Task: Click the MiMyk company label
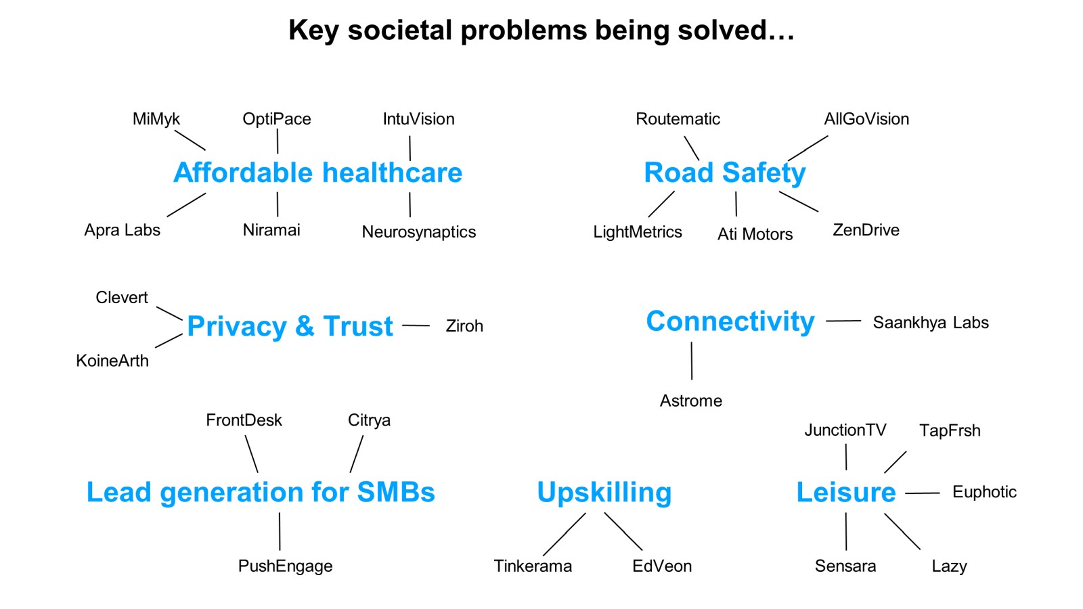[156, 119]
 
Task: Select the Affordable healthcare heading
[317, 173]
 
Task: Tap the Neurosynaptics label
[419, 232]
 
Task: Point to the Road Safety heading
[725, 173]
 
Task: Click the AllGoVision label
[866, 119]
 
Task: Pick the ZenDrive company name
[866, 230]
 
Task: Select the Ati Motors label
[755, 234]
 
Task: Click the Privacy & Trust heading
[290, 326]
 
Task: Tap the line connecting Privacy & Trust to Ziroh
[416, 325]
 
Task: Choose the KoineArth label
[112, 361]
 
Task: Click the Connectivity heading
[730, 321]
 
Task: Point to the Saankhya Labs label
[931, 322]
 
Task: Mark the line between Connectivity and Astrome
[691, 361]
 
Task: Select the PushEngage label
[285, 566]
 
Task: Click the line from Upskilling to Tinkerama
[565, 534]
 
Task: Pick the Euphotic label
[984, 492]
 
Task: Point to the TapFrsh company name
[950, 430]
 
